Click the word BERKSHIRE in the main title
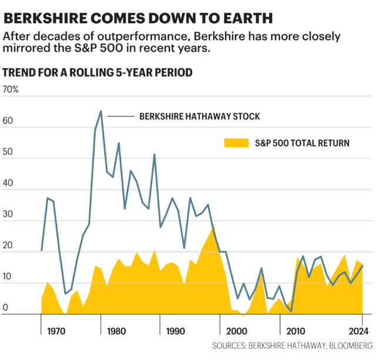[46, 18]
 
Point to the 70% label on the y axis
[11, 89]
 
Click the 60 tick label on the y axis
[8, 121]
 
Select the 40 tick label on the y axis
[8, 183]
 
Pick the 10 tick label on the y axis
[7, 276]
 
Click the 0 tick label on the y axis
[5, 308]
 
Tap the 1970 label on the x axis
[56, 331]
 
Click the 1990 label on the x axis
[176, 331]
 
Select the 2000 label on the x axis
[236, 331]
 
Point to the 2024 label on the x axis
[358, 331]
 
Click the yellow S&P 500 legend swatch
[236, 143]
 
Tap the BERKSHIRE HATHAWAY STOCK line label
[200, 116]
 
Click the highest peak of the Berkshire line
[101, 111]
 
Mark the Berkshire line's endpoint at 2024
[362, 266]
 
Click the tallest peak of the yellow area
[213, 226]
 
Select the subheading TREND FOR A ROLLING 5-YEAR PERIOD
[98, 72]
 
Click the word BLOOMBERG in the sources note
[351, 346]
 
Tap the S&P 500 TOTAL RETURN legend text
[302, 143]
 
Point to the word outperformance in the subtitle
[142, 36]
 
